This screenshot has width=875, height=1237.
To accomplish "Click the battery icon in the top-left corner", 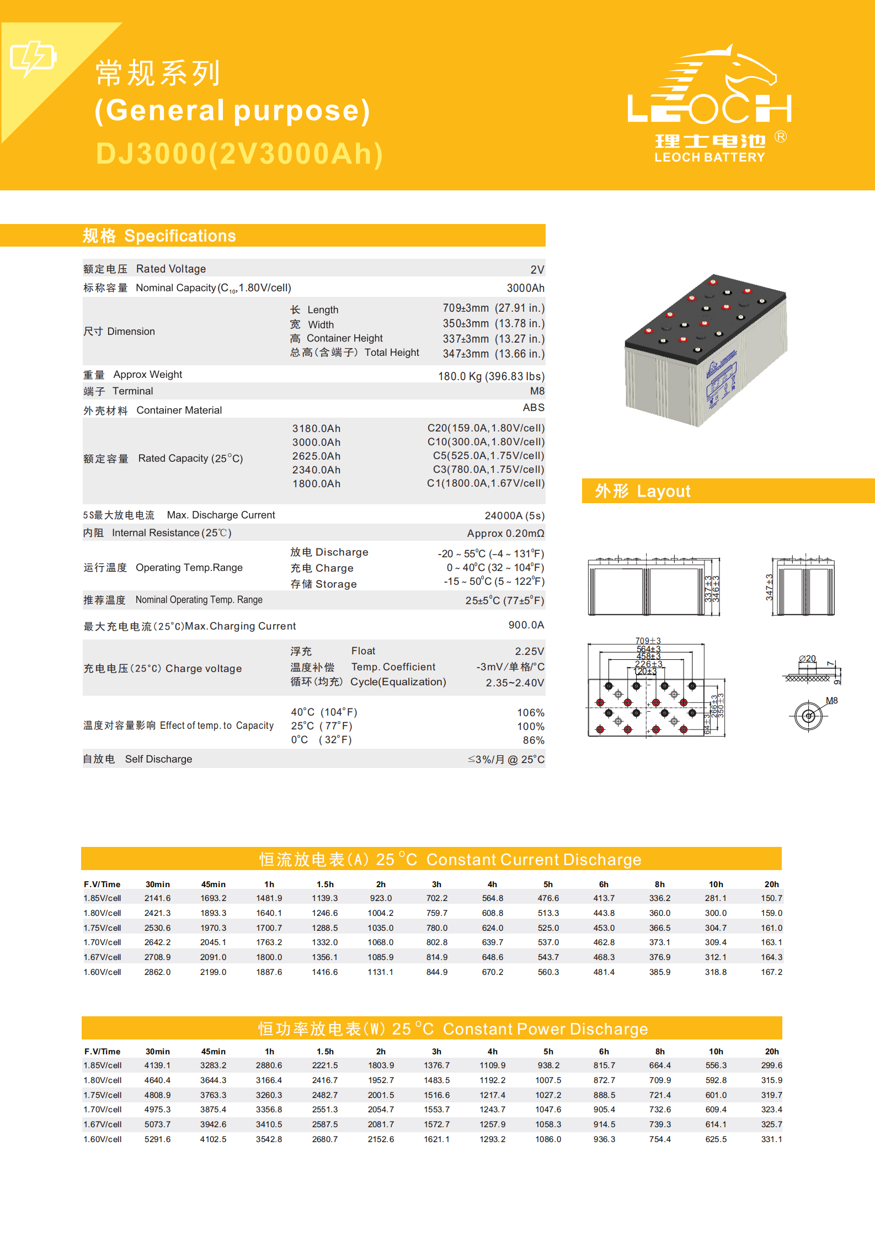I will [x=33, y=57].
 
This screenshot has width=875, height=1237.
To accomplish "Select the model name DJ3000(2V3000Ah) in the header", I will [x=239, y=153].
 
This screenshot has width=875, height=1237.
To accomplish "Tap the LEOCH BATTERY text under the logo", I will [x=709, y=158].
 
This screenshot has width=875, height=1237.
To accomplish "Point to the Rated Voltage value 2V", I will [x=537, y=270].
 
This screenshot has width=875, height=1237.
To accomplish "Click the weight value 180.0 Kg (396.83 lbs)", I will [x=491, y=376].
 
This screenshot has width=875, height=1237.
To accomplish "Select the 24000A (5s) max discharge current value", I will [x=514, y=516].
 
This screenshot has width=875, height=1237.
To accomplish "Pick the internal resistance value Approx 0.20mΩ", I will [x=505, y=534].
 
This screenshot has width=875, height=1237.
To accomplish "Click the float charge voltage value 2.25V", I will [x=529, y=652].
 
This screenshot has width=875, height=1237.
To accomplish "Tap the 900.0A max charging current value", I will [x=526, y=625].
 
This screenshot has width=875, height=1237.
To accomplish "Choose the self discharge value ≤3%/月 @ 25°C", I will [x=506, y=760].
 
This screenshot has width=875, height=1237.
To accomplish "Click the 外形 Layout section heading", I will [x=642, y=491].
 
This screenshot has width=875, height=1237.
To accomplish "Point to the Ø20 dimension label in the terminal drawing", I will [x=807, y=658].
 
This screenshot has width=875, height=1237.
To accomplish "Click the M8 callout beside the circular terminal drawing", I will [x=831, y=701].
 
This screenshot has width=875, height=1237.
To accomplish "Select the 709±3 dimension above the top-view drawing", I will [x=648, y=641].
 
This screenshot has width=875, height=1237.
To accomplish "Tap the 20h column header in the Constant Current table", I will [x=771, y=884].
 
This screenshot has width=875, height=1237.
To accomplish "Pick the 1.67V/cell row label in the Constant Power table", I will [x=103, y=1124].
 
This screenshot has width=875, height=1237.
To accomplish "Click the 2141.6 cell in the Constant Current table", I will [x=157, y=898].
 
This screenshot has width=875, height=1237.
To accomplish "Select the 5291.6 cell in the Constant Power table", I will [x=157, y=1139].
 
